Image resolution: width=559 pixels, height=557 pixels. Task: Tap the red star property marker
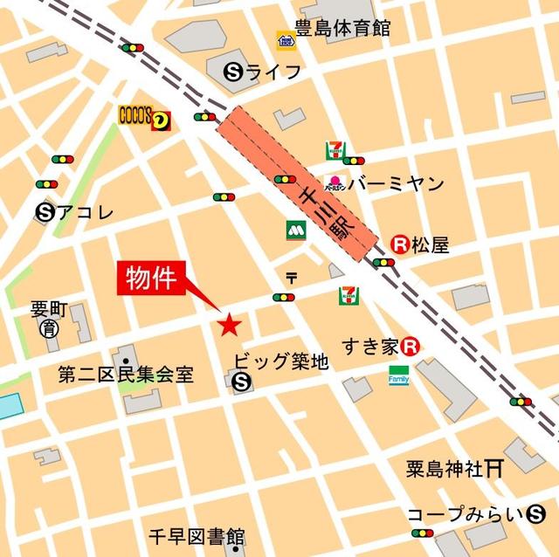pyautogui.click(x=230, y=326)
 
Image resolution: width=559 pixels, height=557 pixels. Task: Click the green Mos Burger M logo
pyautogui.click(x=293, y=230)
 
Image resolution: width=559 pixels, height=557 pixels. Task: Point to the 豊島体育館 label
pyautogui.click(x=330, y=29)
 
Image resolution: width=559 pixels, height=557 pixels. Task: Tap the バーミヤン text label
pyautogui.click(x=397, y=184)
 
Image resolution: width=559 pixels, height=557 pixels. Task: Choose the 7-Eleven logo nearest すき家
pyautogui.click(x=348, y=296)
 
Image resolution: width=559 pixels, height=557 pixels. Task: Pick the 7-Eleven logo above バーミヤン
pyautogui.click(x=334, y=150)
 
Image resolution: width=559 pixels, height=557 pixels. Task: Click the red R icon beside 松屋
pyautogui.click(x=401, y=246)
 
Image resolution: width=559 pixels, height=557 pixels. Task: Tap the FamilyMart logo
pyautogui.click(x=399, y=375)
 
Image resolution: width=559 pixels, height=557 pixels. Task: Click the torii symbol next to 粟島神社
pyautogui.click(x=494, y=469)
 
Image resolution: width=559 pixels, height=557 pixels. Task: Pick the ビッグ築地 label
pyautogui.click(x=281, y=360)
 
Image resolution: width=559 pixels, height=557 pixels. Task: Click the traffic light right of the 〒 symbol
pyautogui.click(x=284, y=298)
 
